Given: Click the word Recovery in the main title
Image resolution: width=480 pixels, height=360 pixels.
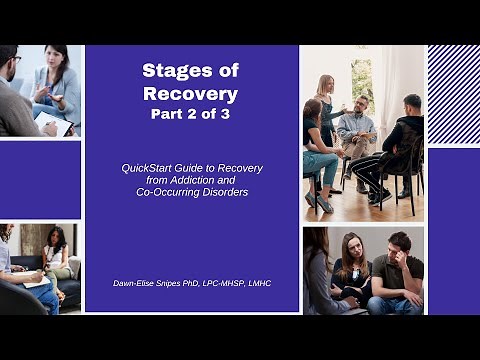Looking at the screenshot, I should click(x=191, y=95).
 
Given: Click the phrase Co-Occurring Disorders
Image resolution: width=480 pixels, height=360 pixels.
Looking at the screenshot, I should click(x=191, y=192).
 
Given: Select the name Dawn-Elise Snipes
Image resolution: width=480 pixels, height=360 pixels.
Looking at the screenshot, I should click(x=153, y=283).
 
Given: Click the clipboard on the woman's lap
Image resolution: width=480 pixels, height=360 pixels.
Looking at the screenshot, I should click(x=55, y=126).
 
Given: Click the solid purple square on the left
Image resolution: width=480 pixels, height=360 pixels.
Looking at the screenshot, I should click(x=40, y=180).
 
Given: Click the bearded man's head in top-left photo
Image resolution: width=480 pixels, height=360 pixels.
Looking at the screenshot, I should click(x=8, y=65).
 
